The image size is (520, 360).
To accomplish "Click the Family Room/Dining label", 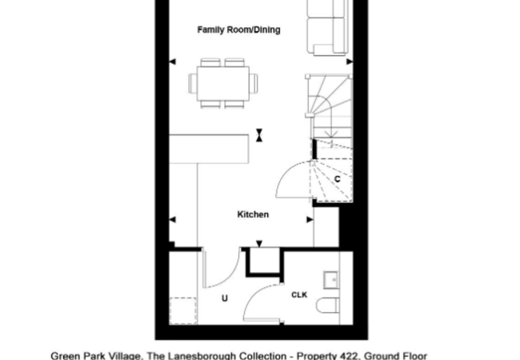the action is pos(238,30).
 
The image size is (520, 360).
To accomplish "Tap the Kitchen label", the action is pos(253,214).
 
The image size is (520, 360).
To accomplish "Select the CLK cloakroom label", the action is pos(299,294).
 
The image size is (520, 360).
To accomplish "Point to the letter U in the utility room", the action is pos(225,298).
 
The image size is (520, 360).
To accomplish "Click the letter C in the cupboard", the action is pos(338,179).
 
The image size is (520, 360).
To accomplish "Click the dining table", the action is pos(223,83).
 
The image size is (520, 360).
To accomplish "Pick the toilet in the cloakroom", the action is pos(328,306).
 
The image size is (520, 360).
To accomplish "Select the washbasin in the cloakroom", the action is pos(330,280).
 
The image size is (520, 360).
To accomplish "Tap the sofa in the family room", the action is pos(328,27).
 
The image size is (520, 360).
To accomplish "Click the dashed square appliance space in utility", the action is pos(182,310).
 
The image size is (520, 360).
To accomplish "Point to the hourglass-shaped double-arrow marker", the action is pos(259,135).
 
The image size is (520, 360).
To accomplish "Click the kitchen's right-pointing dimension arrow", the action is pos(310,219).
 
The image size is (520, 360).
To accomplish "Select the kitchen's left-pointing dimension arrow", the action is pos(173,219).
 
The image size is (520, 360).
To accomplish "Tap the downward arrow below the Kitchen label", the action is pos(259,244).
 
